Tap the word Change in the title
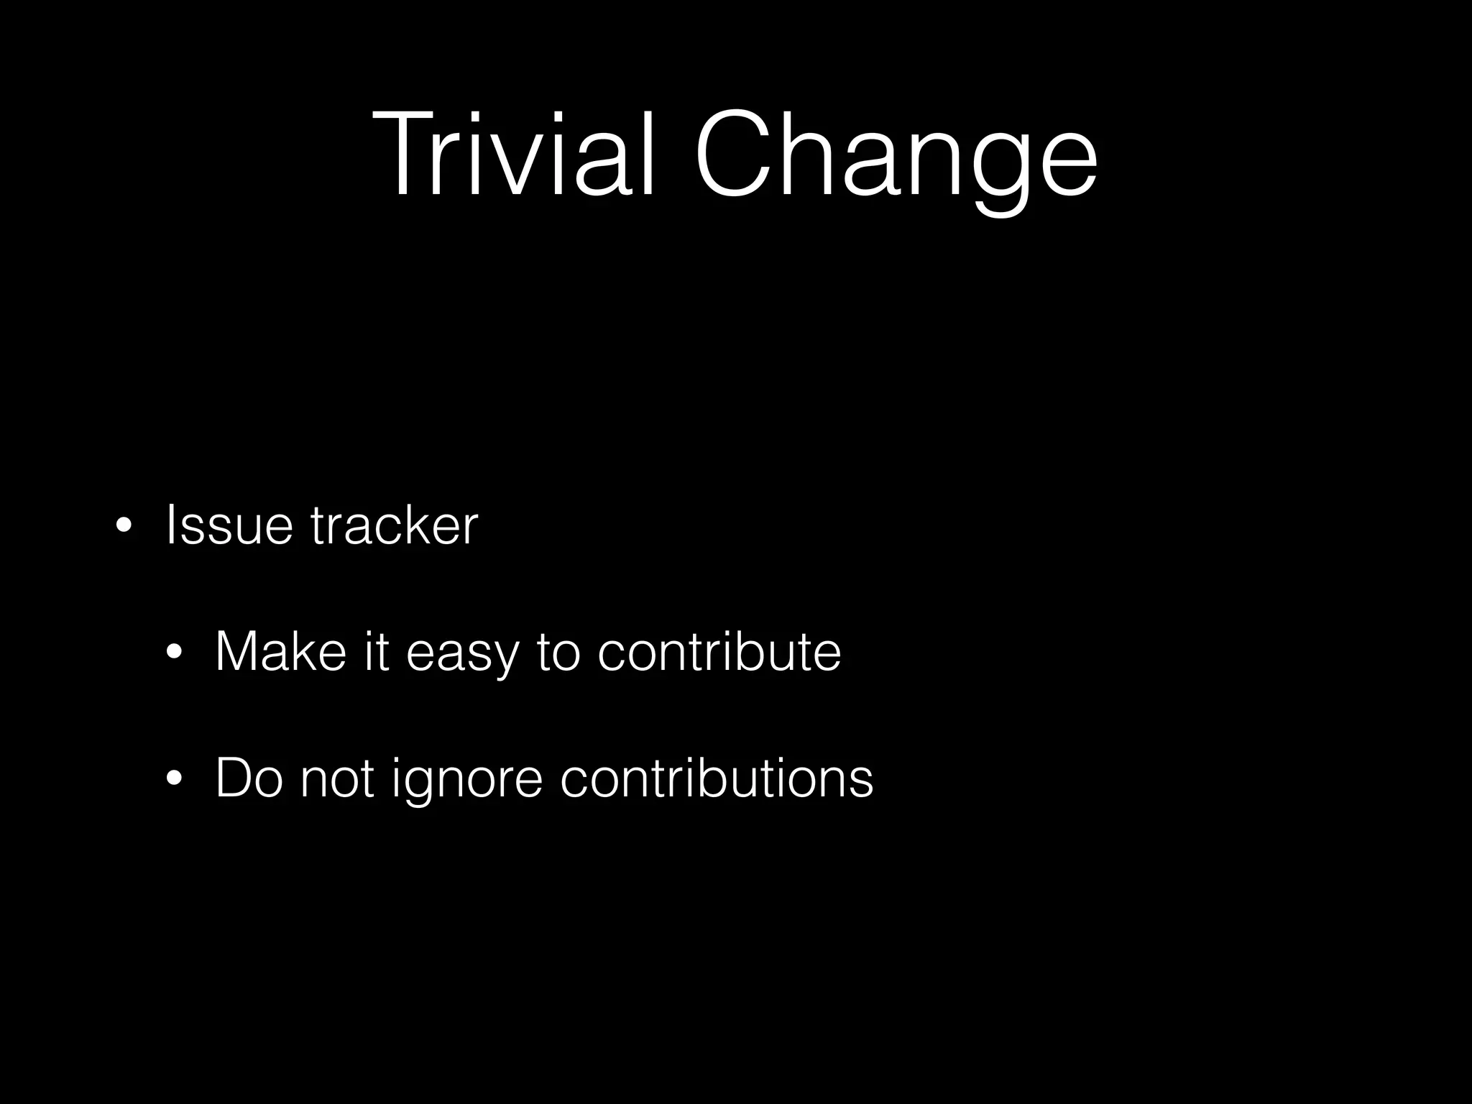point(895,155)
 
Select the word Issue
point(229,525)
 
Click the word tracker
point(394,525)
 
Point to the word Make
point(281,651)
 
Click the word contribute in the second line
point(719,651)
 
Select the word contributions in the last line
point(717,778)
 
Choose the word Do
point(249,778)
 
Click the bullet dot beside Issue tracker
point(124,526)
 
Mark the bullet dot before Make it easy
point(173,653)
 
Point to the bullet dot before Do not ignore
point(173,779)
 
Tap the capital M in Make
point(239,651)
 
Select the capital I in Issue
point(170,525)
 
